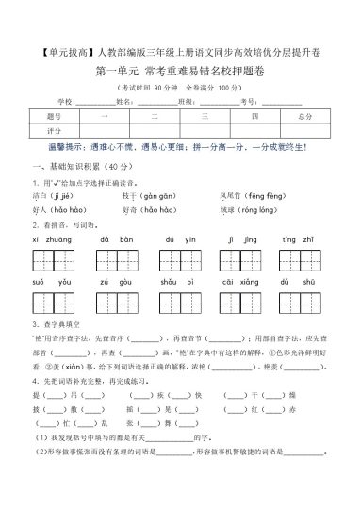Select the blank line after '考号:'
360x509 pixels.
[282, 99]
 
